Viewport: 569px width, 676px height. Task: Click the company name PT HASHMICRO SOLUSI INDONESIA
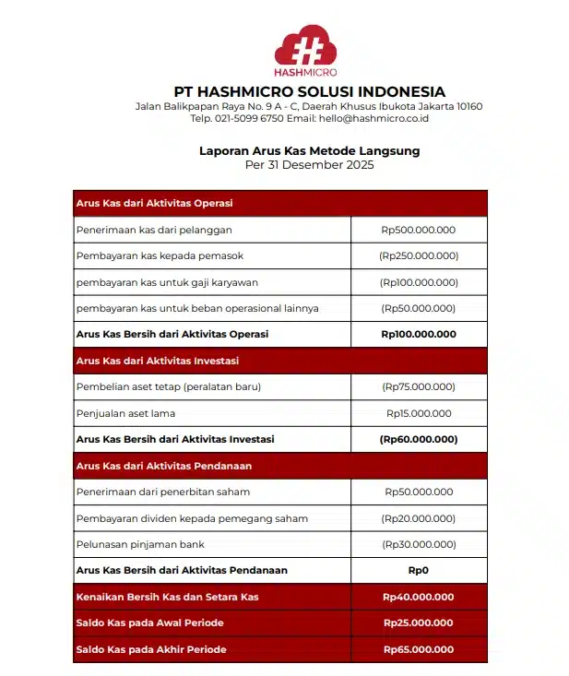309,92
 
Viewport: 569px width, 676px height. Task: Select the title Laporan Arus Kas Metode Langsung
309,151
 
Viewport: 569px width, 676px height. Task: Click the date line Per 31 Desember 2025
309,165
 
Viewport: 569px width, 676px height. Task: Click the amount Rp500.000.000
419,230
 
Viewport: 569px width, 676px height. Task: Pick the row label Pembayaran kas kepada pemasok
160,255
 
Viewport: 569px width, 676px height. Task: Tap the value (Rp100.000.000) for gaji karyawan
419,282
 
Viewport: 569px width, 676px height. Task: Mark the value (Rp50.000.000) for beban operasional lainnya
419,308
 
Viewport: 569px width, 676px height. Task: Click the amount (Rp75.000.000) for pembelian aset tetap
419,387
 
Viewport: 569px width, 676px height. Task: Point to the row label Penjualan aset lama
125,413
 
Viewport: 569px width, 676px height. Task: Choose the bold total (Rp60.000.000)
419,439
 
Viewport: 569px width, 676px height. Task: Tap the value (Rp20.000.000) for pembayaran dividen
419,518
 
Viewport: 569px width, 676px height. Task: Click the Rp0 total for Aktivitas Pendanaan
419,570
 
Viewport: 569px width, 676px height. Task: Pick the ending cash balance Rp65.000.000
419,649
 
